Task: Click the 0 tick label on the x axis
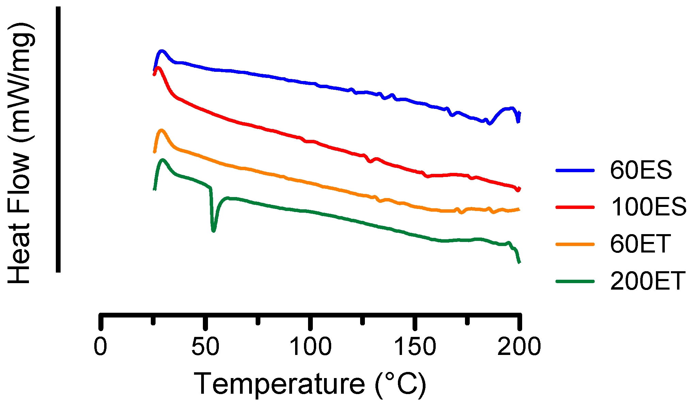coord(100,347)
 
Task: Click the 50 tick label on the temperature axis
coord(205,347)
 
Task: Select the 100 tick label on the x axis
coord(310,347)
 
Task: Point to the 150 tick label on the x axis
coord(415,347)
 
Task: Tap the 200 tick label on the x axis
coord(519,347)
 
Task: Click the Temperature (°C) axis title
coord(310,384)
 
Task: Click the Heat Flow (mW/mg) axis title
coord(21,153)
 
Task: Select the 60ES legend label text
coord(641,170)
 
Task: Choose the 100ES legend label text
coord(649,207)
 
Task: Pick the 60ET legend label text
coord(640,244)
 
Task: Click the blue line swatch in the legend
coord(575,170)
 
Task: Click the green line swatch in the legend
coord(575,281)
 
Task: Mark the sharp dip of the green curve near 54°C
coord(213,230)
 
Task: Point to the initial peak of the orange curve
coord(161,130)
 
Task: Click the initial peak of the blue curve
coord(162,51)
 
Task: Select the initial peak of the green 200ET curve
coord(163,160)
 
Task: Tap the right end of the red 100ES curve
coord(518,190)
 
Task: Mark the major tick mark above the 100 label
coord(310,322)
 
